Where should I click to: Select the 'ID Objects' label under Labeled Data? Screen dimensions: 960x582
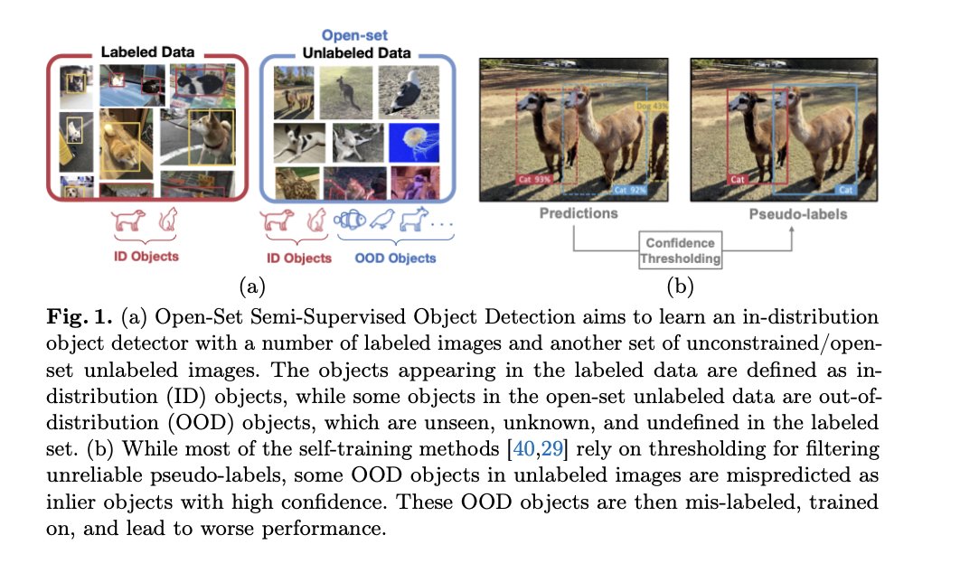(145, 256)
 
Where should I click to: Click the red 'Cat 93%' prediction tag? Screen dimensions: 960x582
(534, 179)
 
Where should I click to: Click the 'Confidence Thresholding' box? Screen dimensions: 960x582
(680, 250)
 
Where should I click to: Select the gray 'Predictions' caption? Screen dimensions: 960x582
(579, 214)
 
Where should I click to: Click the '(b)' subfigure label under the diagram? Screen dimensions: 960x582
(679, 287)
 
